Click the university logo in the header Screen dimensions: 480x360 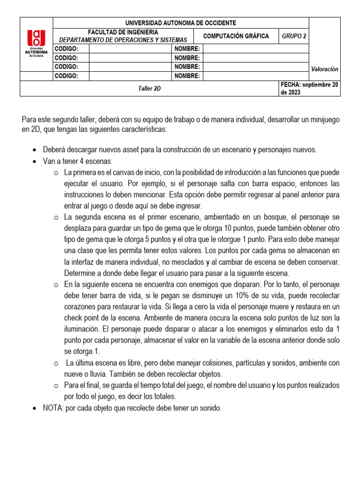36,43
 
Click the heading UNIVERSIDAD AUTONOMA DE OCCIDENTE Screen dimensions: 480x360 181,22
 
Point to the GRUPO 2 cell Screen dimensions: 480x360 294,36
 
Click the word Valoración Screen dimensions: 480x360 324,69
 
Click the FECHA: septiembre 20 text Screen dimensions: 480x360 309,84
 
